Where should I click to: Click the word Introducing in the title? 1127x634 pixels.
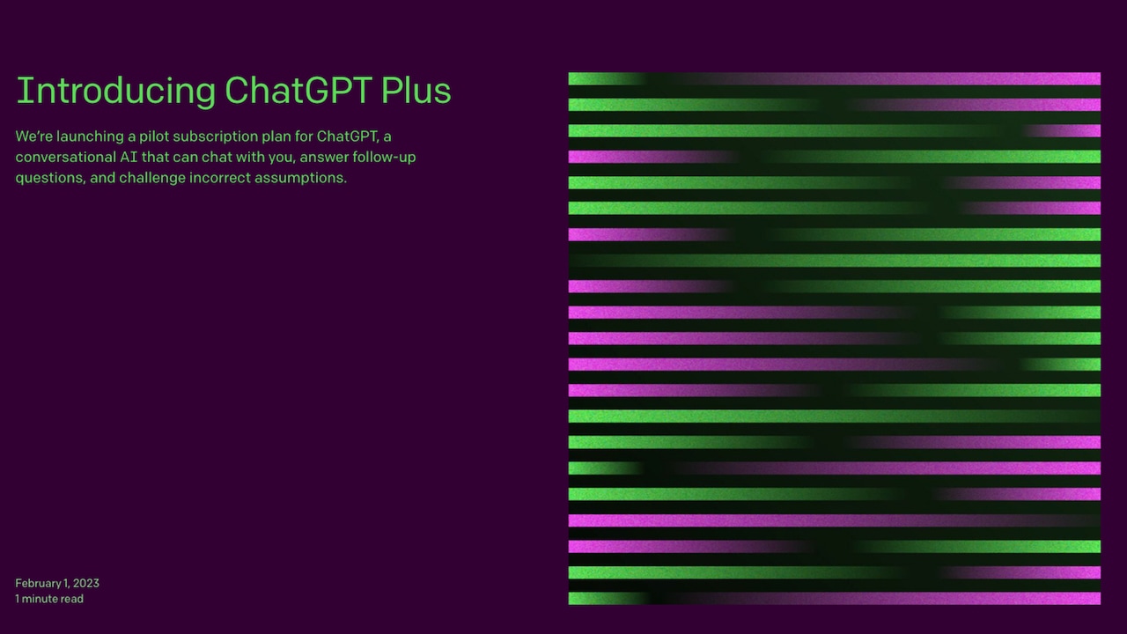pos(116,91)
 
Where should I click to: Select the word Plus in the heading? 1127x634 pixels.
pos(416,90)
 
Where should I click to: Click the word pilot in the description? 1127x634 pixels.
pos(154,136)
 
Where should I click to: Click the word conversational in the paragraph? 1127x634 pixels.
pos(66,157)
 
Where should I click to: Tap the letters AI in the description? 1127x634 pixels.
pos(129,157)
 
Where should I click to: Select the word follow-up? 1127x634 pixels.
pos(385,158)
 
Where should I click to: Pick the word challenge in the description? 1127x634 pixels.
pos(152,178)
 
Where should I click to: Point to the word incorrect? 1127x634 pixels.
pos(220,178)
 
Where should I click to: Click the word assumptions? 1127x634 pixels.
pos(301,178)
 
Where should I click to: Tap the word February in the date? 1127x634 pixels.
pos(38,584)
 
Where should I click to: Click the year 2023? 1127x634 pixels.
pos(86,583)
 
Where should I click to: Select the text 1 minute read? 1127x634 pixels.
pos(49,599)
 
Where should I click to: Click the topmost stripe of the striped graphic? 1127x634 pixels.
pos(834,78)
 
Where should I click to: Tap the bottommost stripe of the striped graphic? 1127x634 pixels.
pos(834,598)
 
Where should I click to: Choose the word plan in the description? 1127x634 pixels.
pos(276,136)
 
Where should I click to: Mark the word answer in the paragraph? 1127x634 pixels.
pos(325,158)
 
